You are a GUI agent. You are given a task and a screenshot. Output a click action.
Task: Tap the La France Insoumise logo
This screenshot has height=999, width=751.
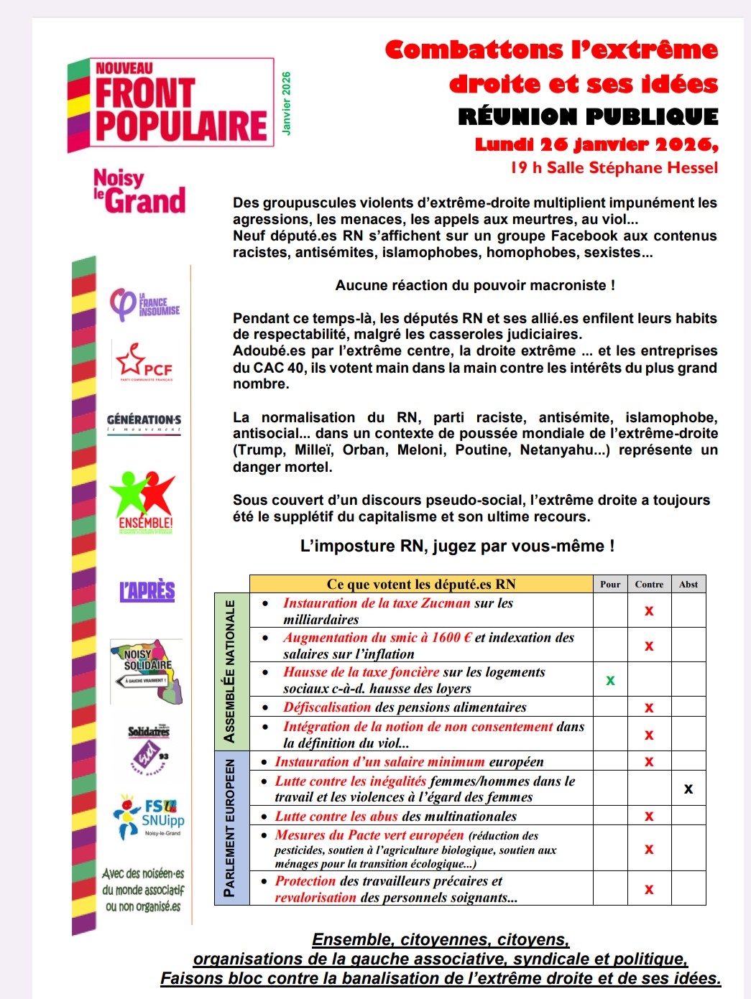144,304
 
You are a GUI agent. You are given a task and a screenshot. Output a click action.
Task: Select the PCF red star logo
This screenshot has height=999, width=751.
144,361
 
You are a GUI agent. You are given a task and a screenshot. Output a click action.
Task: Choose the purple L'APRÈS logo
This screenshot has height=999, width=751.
147,591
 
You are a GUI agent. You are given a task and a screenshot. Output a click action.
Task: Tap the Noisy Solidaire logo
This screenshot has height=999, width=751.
147,671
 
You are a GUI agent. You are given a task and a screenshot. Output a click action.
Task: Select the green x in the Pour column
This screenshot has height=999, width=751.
610,679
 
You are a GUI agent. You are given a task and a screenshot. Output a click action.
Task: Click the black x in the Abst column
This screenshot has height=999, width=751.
688,789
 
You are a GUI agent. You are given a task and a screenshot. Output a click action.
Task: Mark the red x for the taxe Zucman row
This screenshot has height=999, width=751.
649,610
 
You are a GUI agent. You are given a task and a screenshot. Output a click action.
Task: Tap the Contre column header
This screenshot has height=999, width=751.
649,584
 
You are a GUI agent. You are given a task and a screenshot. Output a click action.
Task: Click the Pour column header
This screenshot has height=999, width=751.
610,584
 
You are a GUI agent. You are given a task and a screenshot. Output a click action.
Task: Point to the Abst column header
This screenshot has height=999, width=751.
688,584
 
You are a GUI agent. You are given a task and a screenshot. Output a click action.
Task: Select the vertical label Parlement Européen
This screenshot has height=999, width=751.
229,827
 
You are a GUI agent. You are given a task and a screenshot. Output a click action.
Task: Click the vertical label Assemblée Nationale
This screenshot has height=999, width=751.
229,671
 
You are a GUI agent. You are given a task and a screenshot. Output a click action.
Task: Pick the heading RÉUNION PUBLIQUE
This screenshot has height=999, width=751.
588,116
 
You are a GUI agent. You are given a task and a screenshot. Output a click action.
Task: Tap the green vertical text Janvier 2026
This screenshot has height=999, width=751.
286,103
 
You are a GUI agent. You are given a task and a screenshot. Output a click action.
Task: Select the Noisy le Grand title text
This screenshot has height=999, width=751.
139,191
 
